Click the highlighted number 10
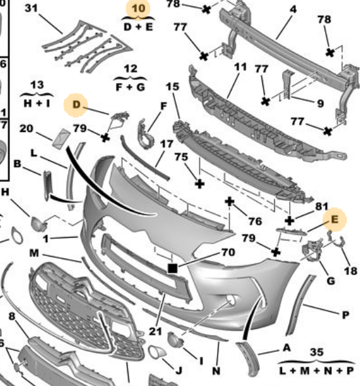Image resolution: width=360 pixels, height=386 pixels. point(138,9)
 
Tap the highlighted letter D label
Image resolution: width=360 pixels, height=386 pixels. point(77,104)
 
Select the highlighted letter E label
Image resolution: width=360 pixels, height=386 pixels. point(334,219)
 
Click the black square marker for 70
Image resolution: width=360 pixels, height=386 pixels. point(172,268)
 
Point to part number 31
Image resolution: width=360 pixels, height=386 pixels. point(31,8)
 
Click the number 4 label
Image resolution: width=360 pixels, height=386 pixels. point(293,10)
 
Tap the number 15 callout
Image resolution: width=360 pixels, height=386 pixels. point(172,87)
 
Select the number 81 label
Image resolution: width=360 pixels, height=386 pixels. point(322,206)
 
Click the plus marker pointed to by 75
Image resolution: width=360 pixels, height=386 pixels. point(199,184)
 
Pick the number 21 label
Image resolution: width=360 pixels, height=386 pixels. point(155,332)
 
